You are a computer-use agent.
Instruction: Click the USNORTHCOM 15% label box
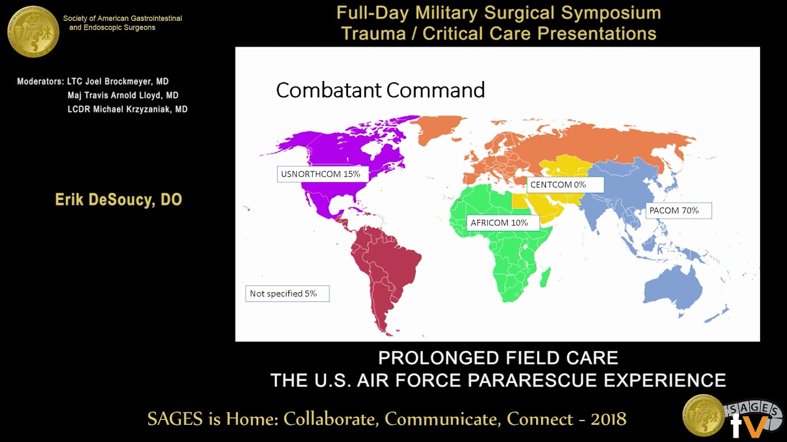tap(321, 174)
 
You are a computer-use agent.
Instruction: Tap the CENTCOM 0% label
tap(558, 184)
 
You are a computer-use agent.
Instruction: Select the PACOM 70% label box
tap(674, 211)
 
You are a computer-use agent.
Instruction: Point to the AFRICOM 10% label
tap(499, 223)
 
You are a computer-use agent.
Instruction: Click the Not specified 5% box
tap(287, 293)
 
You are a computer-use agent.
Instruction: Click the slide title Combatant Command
tap(380, 90)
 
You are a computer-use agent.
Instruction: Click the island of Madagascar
tap(544, 280)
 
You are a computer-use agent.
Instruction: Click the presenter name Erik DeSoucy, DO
tap(119, 200)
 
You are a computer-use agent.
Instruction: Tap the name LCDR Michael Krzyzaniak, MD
tap(127, 109)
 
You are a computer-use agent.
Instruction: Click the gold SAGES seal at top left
tap(33, 31)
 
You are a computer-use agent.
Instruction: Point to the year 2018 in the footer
tap(608, 419)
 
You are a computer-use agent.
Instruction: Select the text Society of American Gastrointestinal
tap(122, 18)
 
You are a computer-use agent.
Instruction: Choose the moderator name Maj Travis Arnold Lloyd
tap(122, 95)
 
